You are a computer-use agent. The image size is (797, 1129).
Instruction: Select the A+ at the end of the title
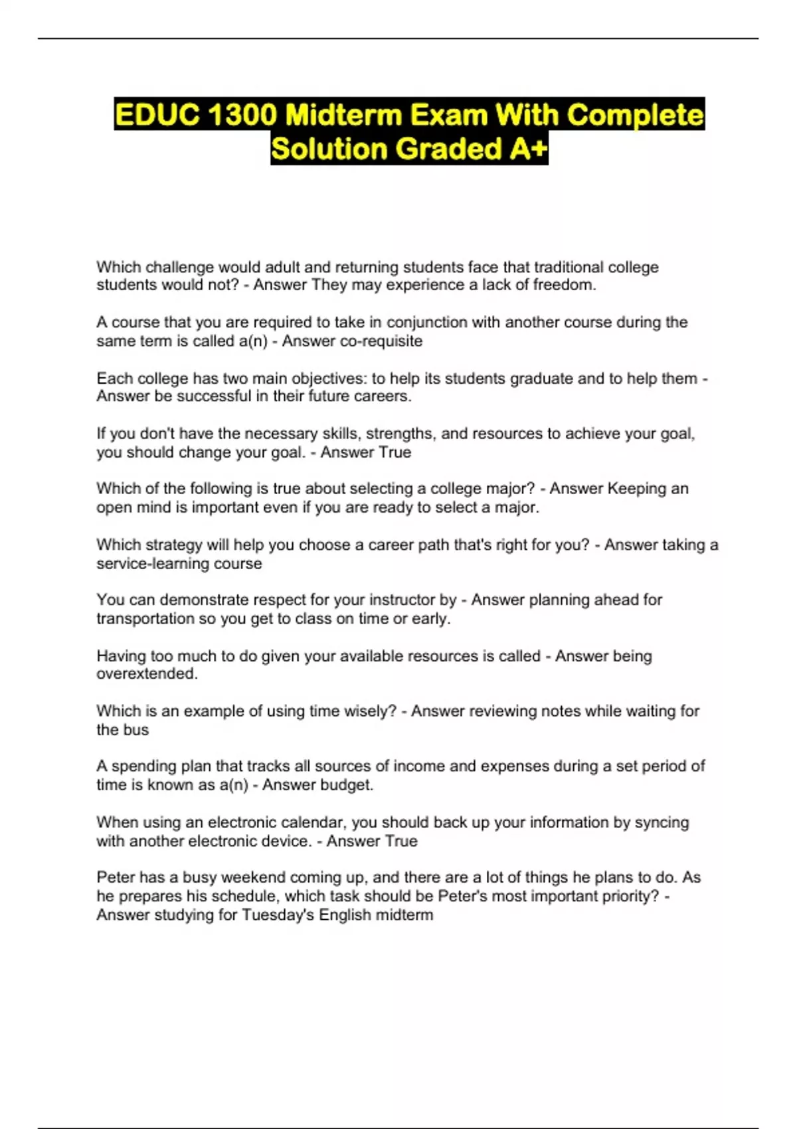pos(529,149)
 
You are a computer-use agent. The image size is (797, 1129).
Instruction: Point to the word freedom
pos(564,285)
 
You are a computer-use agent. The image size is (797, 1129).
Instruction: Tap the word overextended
pos(147,673)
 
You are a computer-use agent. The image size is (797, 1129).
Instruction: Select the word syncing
pos(662,822)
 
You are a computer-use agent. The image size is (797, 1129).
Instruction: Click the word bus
pos(135,730)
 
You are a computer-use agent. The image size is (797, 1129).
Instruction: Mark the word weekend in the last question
pos(253,877)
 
